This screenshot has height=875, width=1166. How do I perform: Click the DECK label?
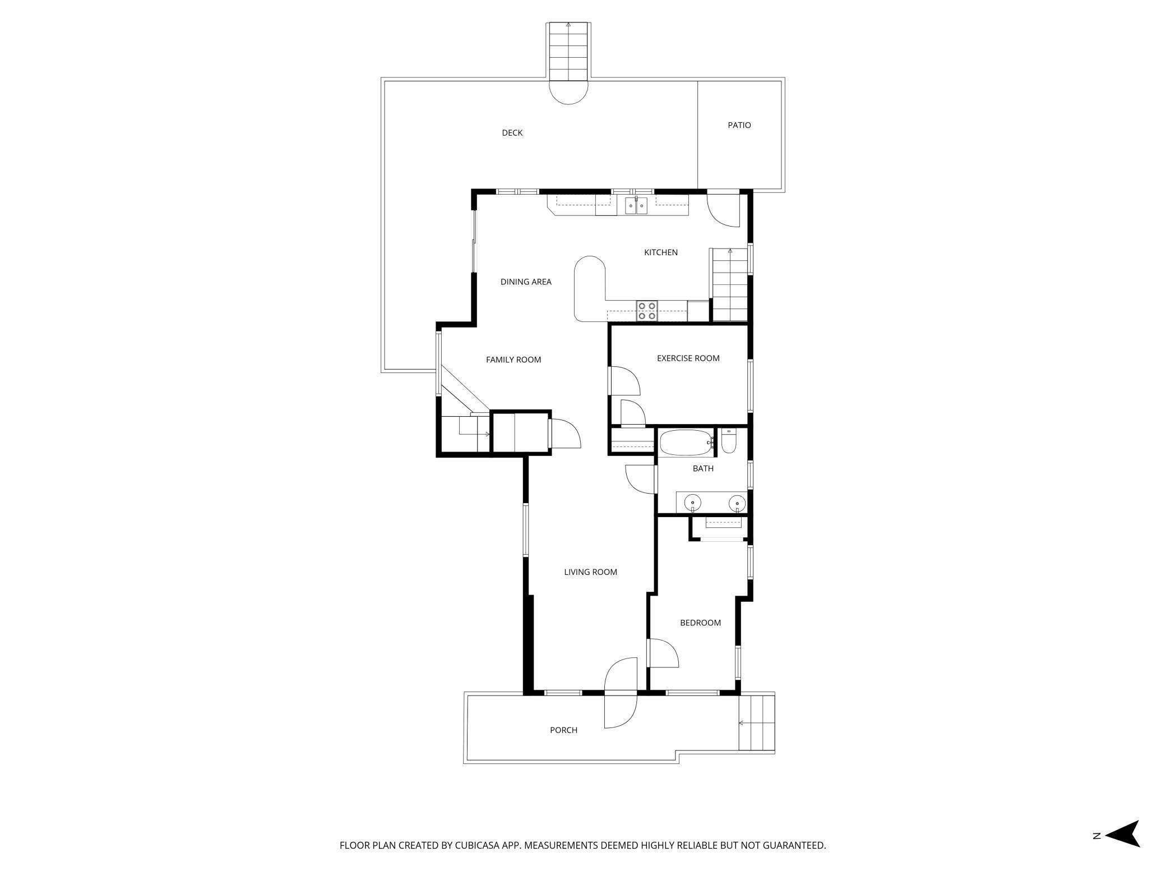(x=512, y=133)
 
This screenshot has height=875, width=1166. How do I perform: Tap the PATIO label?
(x=739, y=125)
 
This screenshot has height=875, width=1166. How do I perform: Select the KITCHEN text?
(x=660, y=252)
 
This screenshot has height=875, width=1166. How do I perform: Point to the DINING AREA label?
(x=525, y=282)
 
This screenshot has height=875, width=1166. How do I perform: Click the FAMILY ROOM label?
(x=513, y=360)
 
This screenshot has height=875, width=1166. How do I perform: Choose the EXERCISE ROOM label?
(x=688, y=358)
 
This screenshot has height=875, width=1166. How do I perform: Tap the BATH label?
(x=702, y=468)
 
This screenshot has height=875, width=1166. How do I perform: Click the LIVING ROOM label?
(x=590, y=572)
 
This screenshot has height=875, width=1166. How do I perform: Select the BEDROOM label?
(x=700, y=623)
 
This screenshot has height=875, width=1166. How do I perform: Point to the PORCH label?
(x=563, y=730)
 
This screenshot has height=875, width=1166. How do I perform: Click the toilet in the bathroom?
(x=729, y=442)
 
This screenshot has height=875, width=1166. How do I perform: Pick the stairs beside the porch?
(x=756, y=722)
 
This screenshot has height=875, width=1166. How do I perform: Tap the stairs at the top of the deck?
(x=568, y=52)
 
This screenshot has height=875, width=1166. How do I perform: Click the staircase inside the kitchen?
(x=729, y=285)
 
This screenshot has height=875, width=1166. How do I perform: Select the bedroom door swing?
(x=662, y=653)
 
